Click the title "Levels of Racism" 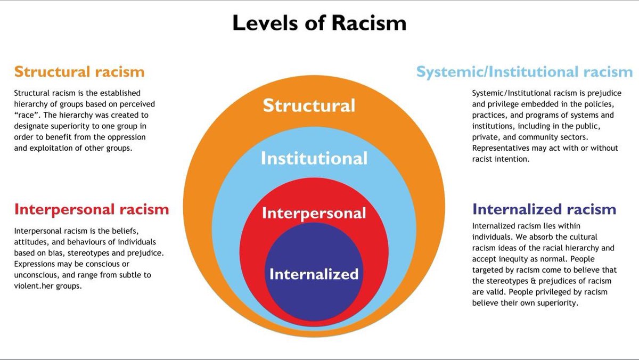[319, 23]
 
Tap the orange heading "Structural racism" [79, 71]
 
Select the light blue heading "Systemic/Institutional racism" [525, 72]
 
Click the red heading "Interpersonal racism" [92, 209]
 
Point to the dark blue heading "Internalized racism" [544, 209]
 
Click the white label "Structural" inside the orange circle [309, 105]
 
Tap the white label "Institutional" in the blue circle [314, 158]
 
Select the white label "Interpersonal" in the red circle [314, 213]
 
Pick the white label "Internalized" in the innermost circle [314, 274]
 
